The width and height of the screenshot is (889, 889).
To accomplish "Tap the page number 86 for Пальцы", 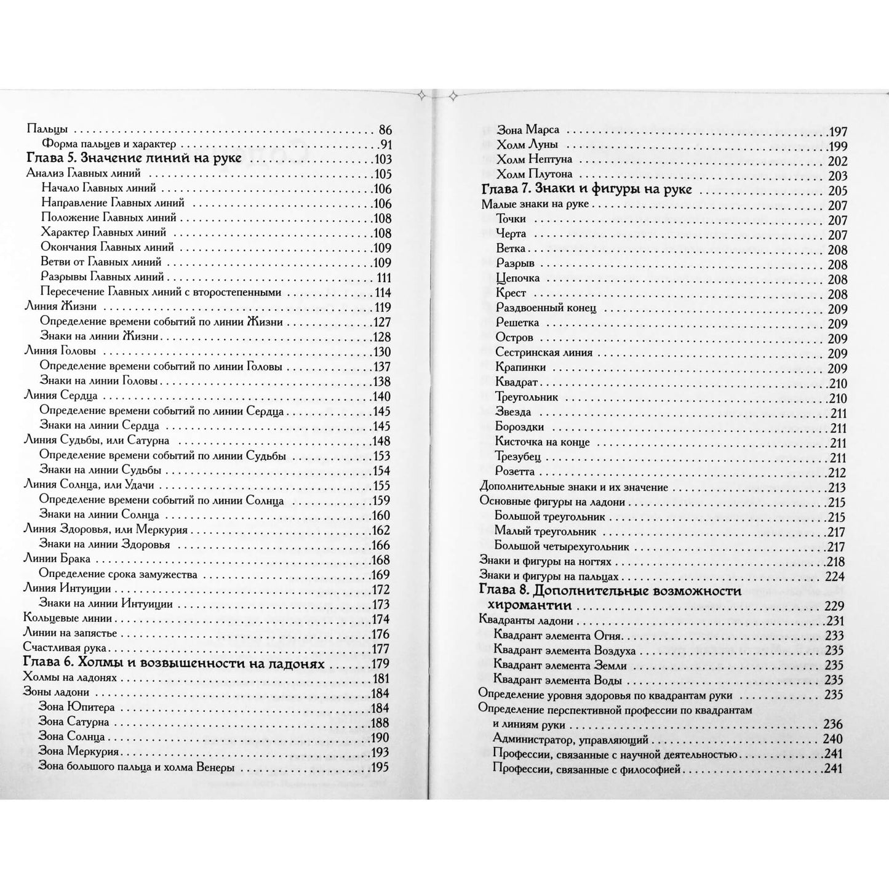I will (x=385, y=130).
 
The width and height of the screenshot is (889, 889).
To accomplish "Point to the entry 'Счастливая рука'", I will (x=65, y=648).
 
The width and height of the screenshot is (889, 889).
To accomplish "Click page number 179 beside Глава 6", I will (x=380, y=663).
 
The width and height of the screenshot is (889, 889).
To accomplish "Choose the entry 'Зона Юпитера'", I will (x=77, y=707).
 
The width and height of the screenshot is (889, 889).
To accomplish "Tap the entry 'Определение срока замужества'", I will (x=119, y=574).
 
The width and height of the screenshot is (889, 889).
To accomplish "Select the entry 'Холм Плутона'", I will (x=534, y=174).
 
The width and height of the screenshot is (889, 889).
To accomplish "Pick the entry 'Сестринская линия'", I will (x=544, y=353).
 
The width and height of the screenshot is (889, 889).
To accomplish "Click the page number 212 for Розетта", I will (x=837, y=472).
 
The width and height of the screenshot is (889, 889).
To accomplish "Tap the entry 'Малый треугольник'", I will (x=536, y=532).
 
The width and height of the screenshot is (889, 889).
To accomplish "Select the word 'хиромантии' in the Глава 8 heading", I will (x=530, y=606).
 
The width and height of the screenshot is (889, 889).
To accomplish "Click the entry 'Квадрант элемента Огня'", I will (x=557, y=636).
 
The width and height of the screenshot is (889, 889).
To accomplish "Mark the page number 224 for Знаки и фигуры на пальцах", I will (x=835, y=576).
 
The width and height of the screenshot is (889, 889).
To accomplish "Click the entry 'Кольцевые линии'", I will (x=67, y=618).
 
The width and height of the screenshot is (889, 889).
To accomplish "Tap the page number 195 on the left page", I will (x=380, y=767).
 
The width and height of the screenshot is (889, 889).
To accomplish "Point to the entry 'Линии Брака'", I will (x=57, y=559).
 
